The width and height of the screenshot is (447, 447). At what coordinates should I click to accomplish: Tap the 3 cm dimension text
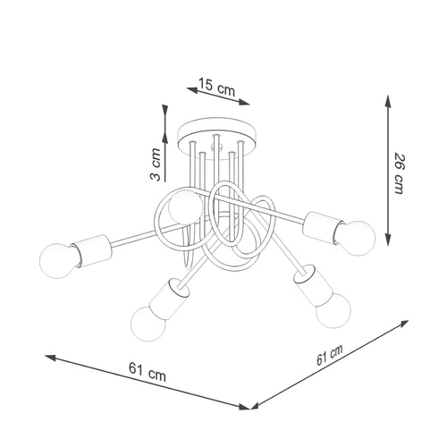tap(156, 164)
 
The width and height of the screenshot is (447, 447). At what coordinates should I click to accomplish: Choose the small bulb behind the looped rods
tap(186, 209)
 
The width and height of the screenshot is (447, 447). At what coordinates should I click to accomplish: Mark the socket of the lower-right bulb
tap(312, 289)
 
